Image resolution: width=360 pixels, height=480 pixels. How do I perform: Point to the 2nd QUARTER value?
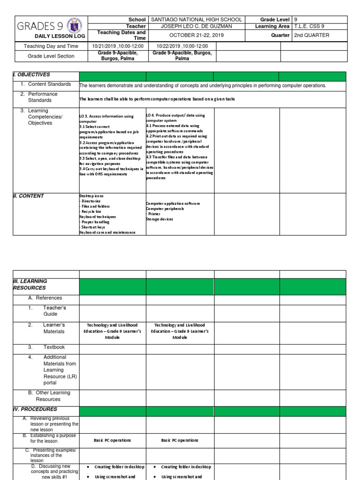click(312, 35)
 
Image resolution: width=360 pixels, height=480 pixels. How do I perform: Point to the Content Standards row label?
click(49, 84)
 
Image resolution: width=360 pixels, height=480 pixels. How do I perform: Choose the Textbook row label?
click(53, 347)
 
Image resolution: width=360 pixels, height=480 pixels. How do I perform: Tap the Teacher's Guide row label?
click(55, 311)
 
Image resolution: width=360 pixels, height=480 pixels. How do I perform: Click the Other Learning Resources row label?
click(52, 396)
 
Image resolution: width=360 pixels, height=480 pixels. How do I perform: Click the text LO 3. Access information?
click(107, 116)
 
